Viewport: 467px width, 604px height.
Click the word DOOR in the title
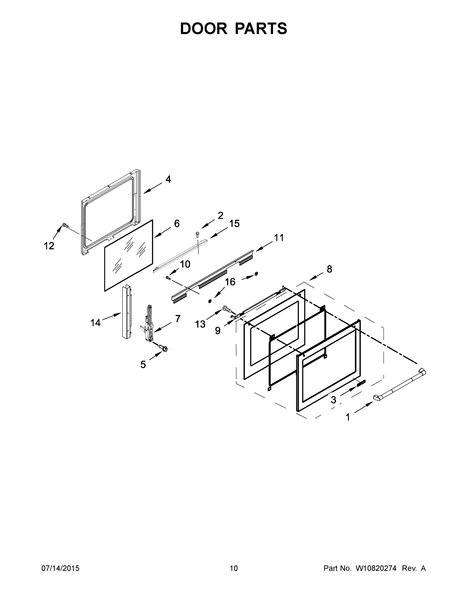click(x=204, y=28)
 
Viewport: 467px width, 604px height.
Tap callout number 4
click(x=168, y=179)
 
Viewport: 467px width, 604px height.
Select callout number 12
click(x=49, y=246)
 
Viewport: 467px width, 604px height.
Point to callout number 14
click(x=95, y=322)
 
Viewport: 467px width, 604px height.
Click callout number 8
click(x=329, y=269)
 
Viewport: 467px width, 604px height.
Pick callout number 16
click(x=230, y=282)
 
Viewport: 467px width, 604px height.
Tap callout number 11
click(x=279, y=238)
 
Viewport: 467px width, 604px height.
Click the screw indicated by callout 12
click(x=65, y=226)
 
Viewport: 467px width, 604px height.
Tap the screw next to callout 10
click(x=167, y=277)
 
